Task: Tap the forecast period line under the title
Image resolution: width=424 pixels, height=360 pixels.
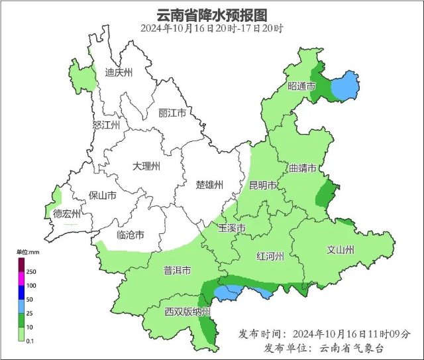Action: (x=212, y=29)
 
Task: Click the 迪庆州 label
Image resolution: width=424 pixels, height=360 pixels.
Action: (x=120, y=73)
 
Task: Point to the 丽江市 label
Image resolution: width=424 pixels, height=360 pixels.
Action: (x=172, y=113)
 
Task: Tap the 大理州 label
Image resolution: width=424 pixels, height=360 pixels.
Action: (x=146, y=166)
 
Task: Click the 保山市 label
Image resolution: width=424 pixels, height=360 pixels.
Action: (x=103, y=196)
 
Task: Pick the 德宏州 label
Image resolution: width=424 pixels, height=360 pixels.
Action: (x=67, y=213)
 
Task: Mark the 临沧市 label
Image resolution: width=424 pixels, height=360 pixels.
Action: (x=130, y=235)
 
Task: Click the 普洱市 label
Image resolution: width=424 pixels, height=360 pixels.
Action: (x=177, y=271)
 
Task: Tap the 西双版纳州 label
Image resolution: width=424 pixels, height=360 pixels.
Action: (x=187, y=312)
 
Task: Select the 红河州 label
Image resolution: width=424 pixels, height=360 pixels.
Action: (x=270, y=256)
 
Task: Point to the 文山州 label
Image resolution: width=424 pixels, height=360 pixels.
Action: (x=341, y=250)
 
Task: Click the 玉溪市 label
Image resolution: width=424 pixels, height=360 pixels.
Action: (x=233, y=229)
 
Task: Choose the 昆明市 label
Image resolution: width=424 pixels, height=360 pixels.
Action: (x=262, y=186)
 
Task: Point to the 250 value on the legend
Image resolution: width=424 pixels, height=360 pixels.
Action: (x=31, y=272)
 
